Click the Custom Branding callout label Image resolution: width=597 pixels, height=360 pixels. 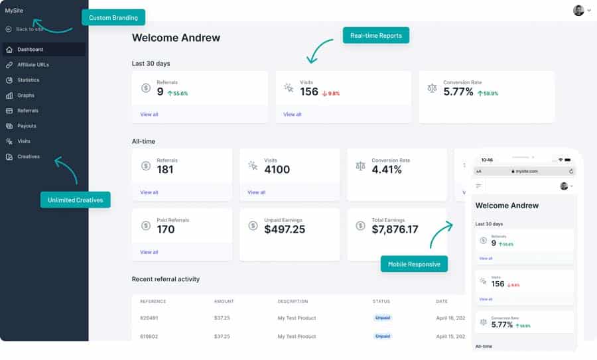pos(113,17)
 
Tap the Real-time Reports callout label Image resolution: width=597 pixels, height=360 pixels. pos(376,35)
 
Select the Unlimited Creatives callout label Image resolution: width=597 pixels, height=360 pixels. pos(76,200)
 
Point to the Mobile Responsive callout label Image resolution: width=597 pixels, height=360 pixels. pos(415,264)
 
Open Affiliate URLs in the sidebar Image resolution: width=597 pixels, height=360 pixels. pos(33,65)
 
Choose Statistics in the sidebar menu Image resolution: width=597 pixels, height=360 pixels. pos(29,80)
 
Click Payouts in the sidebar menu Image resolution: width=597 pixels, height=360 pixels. pos(27,126)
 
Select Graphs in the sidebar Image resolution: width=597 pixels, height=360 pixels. pos(26,95)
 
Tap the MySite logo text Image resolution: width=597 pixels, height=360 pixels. pos(14,10)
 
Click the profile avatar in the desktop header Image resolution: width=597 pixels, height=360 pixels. pos(579,10)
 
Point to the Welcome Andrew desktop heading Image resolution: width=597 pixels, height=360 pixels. pos(176,38)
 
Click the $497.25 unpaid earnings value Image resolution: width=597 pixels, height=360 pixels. pos(285,229)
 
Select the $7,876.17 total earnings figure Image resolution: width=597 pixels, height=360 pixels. pos(395,229)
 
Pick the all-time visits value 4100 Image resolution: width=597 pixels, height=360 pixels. pos(277,170)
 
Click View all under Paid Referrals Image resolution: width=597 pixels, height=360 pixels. pos(149,252)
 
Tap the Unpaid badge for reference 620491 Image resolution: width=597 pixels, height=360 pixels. pos(383,318)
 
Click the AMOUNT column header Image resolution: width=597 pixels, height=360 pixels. pos(224,302)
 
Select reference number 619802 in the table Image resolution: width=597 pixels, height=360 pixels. pos(149,336)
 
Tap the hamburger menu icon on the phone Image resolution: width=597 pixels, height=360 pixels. pos(479,186)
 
